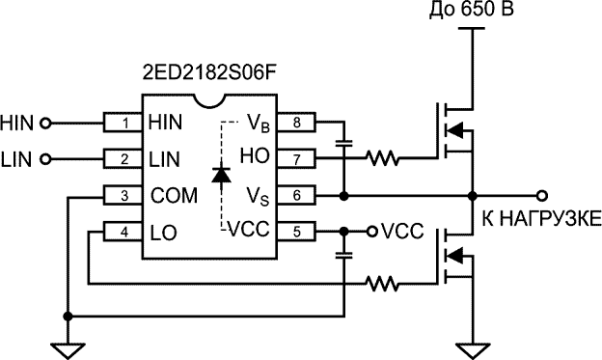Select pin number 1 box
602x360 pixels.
pyautogui.click(x=123, y=123)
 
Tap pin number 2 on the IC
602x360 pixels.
pyautogui.click(x=123, y=158)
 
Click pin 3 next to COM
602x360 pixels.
pyautogui.click(x=123, y=195)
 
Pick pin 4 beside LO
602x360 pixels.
pyautogui.click(x=123, y=231)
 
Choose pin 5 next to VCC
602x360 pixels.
pyautogui.click(x=297, y=231)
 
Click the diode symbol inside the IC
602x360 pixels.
pyautogui.click(x=221, y=176)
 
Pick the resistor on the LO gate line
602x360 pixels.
pyautogui.click(x=383, y=284)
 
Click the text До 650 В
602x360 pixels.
pyautogui.click(x=471, y=12)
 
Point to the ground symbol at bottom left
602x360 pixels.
pyautogui.click(x=66, y=348)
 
